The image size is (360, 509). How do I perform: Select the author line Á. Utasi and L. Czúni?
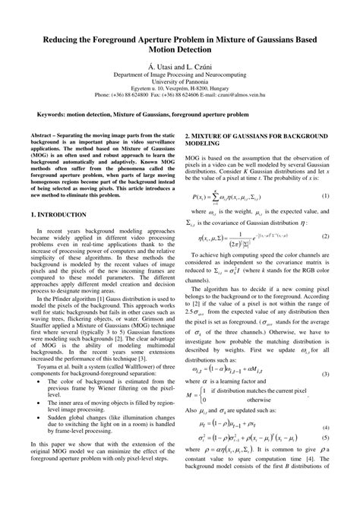(180, 67)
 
